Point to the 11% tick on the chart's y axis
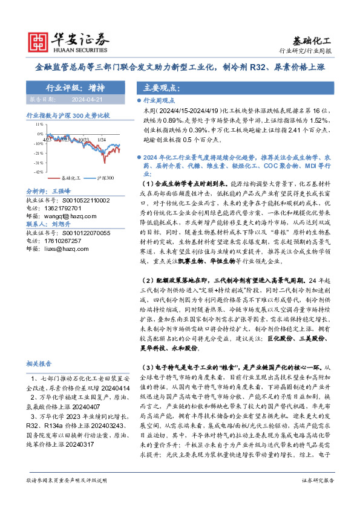click(x=39, y=130)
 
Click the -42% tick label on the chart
click(x=38, y=172)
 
